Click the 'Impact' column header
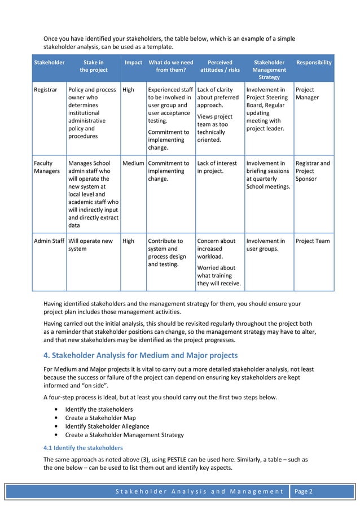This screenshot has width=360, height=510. (133, 63)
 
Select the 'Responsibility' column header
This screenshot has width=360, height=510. (314, 63)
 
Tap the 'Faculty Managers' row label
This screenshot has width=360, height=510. (48, 167)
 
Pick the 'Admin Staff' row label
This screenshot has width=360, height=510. (49, 241)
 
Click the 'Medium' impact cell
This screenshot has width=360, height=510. (133, 163)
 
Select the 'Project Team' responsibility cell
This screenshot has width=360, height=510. (313, 241)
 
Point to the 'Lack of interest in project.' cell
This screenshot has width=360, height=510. (217, 167)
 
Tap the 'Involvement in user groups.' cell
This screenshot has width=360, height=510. (266, 245)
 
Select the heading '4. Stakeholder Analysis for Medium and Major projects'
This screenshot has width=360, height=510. (141, 355)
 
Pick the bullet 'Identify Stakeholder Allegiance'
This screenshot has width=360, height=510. (107, 426)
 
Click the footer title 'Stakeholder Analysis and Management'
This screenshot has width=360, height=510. (199, 492)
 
